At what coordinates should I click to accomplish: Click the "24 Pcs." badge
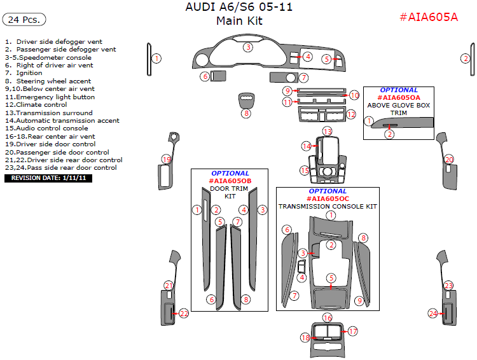click(25, 20)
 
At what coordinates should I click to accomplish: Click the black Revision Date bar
click(49, 178)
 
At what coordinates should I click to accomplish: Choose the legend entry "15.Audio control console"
click(46, 128)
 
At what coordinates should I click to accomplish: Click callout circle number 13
click(327, 131)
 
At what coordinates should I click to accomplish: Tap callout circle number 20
click(449, 160)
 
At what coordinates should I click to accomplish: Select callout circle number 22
click(184, 314)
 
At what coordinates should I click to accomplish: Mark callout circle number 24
click(433, 314)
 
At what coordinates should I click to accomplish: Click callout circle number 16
click(327, 317)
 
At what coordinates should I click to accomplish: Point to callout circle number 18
click(305, 338)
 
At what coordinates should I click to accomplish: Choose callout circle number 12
click(351, 114)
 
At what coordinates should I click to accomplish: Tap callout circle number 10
click(354, 95)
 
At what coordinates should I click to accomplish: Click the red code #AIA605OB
click(230, 181)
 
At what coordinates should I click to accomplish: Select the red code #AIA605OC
click(328, 198)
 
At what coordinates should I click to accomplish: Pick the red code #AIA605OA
click(399, 98)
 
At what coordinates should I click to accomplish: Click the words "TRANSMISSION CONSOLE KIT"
click(328, 207)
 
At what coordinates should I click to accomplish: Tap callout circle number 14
click(307, 146)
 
